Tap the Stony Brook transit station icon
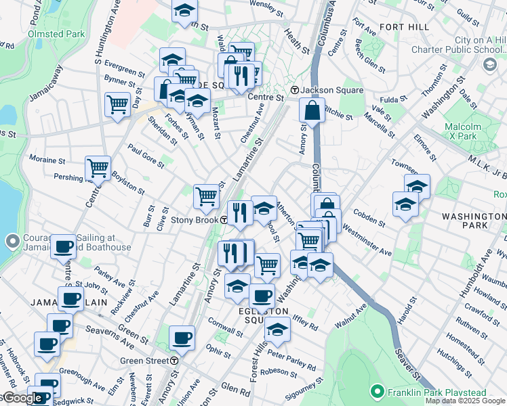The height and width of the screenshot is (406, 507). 224,220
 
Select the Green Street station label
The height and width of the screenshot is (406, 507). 144,361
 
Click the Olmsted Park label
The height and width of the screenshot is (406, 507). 56,32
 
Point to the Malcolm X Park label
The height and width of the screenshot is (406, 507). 463,131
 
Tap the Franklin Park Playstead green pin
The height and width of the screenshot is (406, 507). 378,391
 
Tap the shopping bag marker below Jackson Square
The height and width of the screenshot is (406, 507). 311,110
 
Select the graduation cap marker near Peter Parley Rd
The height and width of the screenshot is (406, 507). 277,330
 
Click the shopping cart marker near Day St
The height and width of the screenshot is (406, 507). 117,105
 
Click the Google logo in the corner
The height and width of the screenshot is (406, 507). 22,398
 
